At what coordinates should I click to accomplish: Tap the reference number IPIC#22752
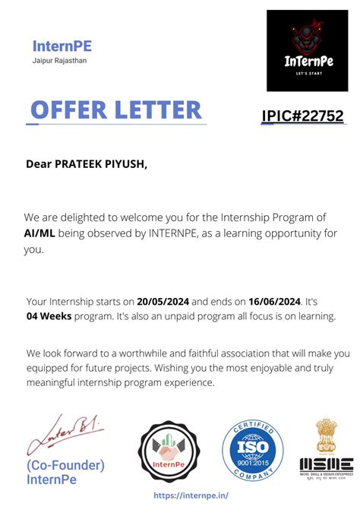(302, 116)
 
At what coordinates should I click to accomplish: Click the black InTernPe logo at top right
(307, 50)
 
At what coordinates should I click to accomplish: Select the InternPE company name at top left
(62, 46)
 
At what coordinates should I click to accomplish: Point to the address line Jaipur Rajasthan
(60, 61)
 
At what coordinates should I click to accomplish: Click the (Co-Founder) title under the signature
(65, 465)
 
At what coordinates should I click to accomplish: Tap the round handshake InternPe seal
(169, 451)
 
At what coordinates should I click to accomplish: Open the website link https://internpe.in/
(191, 495)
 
